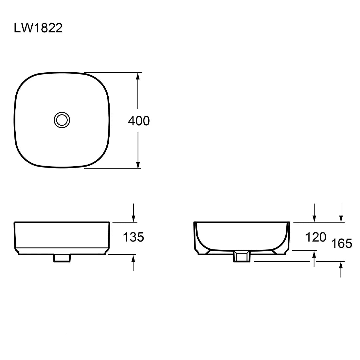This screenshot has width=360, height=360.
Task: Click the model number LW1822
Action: click(x=38, y=28)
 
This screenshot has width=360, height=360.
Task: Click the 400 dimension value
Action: click(x=139, y=121)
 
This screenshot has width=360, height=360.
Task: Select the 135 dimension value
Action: click(x=134, y=237)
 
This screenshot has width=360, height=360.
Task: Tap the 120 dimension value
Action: click(x=316, y=237)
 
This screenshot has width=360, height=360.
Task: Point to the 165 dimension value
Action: click(x=342, y=243)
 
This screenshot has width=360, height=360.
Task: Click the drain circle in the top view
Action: click(x=62, y=120)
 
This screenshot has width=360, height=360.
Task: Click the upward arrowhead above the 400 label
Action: click(x=138, y=76)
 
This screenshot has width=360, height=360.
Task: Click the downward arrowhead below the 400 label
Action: click(x=138, y=165)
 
